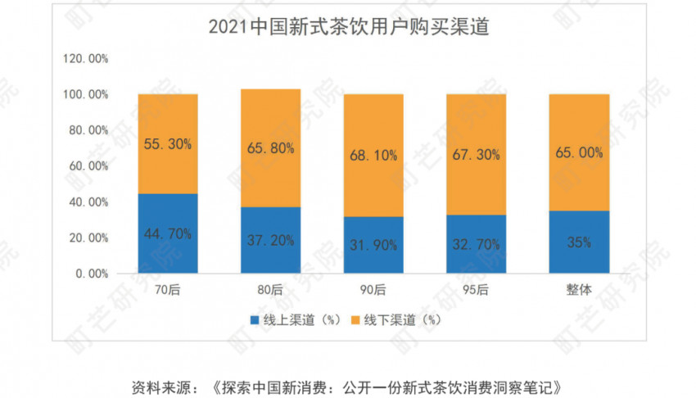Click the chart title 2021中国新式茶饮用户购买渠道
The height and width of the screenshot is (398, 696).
point(348,26)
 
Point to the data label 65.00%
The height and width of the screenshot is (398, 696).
point(579,152)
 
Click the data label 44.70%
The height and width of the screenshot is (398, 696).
point(168,234)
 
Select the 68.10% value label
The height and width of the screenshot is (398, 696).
point(373,154)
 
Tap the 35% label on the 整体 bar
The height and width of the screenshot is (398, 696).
point(579,242)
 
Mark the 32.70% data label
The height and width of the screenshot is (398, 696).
point(477,243)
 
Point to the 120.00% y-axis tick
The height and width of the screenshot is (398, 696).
point(85,59)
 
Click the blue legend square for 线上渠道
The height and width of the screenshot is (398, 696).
point(254,320)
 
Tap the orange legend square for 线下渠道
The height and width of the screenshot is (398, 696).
point(356,320)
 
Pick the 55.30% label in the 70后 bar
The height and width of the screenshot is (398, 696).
point(168,144)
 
